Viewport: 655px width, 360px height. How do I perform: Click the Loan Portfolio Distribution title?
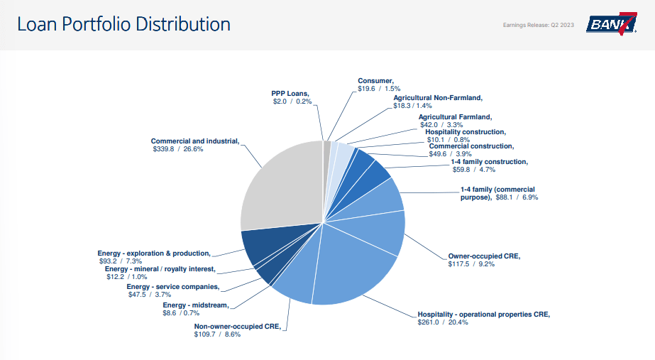point(123,24)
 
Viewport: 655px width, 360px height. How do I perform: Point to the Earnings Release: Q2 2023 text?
point(539,25)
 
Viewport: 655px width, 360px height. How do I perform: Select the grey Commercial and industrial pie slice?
point(280,185)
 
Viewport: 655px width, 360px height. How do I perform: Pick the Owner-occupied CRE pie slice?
point(380,231)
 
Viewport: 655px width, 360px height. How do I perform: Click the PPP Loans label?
point(290,93)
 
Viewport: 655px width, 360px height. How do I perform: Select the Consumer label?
point(375,81)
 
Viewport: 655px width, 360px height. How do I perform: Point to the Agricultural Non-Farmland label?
point(438,97)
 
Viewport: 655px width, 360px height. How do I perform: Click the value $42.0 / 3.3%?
point(441,124)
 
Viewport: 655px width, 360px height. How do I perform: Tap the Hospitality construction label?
point(465,131)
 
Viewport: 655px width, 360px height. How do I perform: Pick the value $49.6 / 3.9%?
point(450,153)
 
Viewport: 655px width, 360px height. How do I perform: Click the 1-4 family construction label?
point(489,161)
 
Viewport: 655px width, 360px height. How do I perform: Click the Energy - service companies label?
point(172,287)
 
